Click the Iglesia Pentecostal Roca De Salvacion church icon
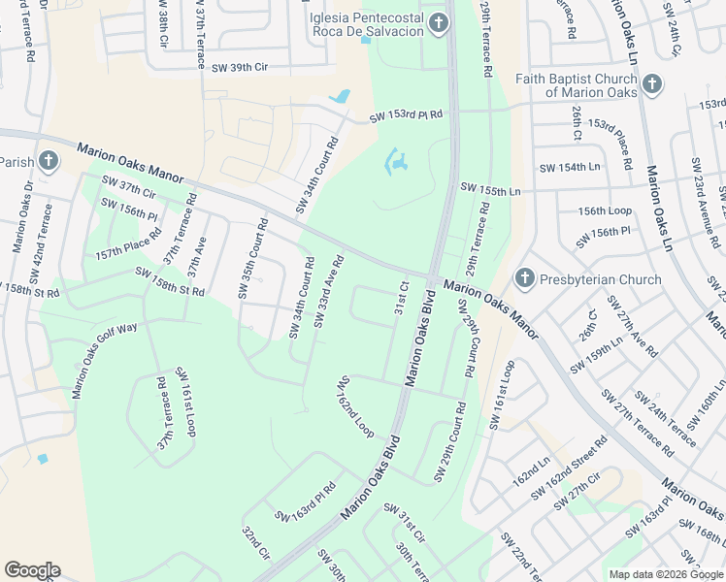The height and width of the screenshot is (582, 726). [x=439, y=23]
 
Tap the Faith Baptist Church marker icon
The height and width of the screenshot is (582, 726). [x=650, y=84]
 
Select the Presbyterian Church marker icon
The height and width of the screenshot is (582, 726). [x=524, y=279]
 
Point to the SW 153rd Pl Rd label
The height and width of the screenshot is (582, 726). [x=406, y=116]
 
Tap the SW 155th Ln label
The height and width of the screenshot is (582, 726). [x=490, y=189]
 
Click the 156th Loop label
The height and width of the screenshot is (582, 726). [x=605, y=210]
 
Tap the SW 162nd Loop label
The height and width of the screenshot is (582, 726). [x=355, y=406]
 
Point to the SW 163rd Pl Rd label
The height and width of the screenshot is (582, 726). [x=306, y=501]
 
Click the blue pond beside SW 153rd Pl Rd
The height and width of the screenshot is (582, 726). [x=341, y=97]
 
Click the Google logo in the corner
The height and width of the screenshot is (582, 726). [x=32, y=569]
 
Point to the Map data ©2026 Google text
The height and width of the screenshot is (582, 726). [x=665, y=574]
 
